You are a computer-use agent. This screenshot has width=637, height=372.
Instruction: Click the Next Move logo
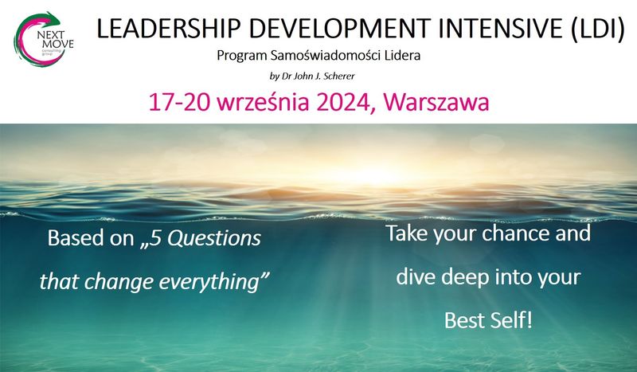(x=44, y=39)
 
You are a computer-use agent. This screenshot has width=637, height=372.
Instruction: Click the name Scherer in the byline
(x=339, y=76)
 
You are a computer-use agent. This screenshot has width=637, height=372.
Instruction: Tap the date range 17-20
(x=179, y=102)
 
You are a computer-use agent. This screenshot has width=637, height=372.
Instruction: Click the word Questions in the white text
(x=213, y=238)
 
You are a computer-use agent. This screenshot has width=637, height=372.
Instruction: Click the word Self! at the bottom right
(x=511, y=320)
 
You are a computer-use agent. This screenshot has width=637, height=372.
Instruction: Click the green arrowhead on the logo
(x=52, y=18)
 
